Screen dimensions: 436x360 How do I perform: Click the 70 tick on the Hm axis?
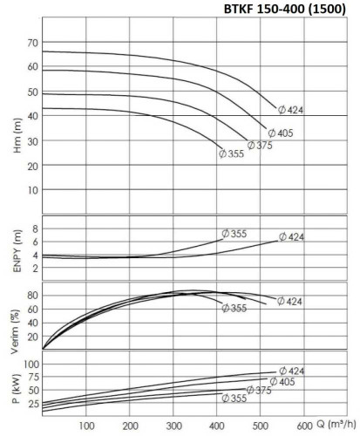coord(32,43)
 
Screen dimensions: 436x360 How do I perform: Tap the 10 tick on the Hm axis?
coord(32,189)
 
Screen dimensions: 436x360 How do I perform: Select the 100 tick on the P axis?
coord(30,364)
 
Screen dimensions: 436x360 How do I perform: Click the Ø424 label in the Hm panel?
coord(292,110)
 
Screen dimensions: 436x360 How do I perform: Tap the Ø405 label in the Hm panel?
coord(281,133)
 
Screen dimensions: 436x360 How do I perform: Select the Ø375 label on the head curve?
coord(260,146)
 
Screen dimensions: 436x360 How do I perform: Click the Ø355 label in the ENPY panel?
coord(235,233)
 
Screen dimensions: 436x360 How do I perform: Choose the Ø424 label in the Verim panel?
coord(291,301)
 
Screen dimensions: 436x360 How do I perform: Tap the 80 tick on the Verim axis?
coord(32,296)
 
